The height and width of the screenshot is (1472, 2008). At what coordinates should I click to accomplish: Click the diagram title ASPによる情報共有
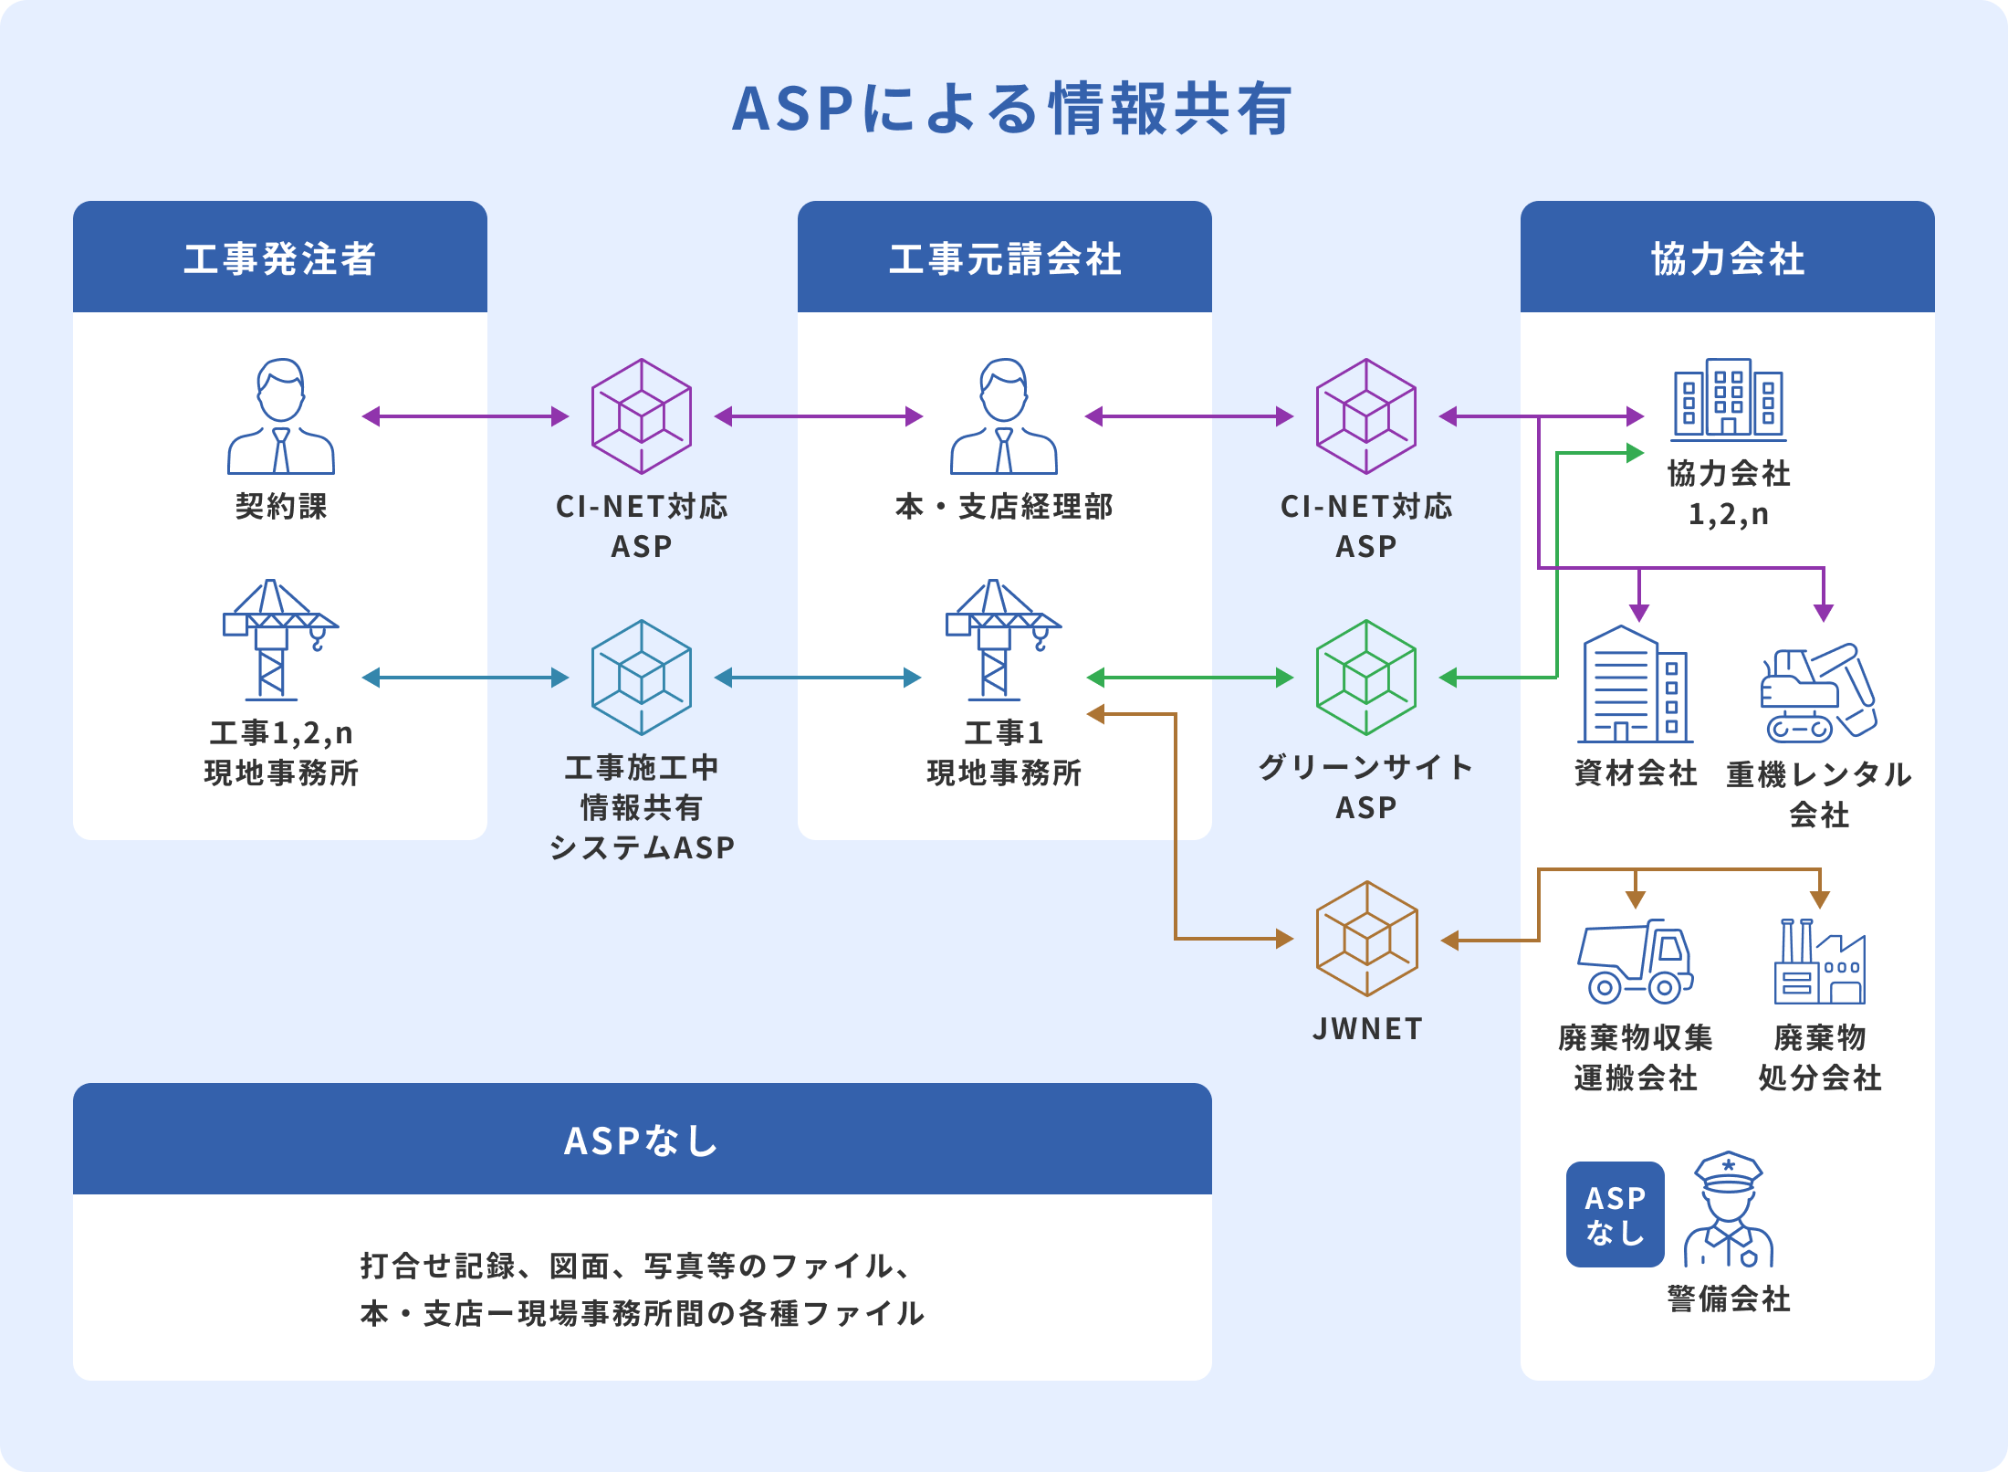(1011, 109)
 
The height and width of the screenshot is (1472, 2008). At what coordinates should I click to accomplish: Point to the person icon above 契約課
(281, 416)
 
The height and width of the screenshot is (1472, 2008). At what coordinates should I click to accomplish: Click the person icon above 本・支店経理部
(1004, 416)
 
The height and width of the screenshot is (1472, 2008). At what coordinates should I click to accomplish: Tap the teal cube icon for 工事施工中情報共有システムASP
(642, 678)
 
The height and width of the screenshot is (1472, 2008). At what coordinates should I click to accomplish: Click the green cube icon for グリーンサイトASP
(1366, 678)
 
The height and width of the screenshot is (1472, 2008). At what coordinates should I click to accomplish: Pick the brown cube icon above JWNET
(1366, 939)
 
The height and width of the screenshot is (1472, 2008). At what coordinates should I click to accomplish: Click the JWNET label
(1367, 1029)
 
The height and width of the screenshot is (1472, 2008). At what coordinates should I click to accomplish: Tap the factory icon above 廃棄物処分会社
(1820, 962)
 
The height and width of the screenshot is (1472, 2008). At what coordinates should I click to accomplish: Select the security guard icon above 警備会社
(1729, 1209)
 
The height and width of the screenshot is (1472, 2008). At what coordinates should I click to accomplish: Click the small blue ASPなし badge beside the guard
(1616, 1214)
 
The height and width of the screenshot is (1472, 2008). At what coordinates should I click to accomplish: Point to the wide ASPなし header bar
(643, 1139)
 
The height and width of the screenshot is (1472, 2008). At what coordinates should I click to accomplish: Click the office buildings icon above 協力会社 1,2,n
(1729, 400)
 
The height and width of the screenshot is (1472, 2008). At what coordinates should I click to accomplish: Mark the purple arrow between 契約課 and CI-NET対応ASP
(465, 416)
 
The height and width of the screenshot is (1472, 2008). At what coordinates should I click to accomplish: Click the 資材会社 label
(1636, 773)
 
